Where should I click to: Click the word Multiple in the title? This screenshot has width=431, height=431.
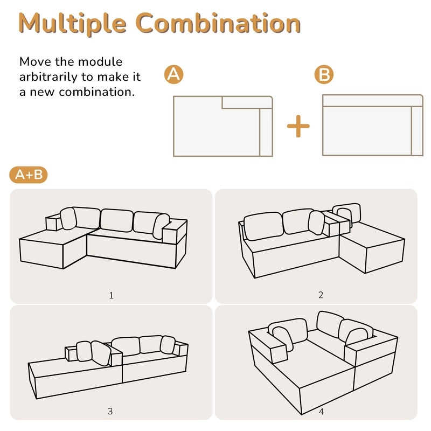click(x=73, y=24)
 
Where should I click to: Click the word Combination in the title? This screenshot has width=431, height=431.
click(x=218, y=23)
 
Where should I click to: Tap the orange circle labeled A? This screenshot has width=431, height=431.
click(x=173, y=74)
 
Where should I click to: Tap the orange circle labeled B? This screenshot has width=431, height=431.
click(x=324, y=74)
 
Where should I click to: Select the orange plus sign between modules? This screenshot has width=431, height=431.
click(x=298, y=126)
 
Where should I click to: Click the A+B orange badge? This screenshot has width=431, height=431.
click(x=29, y=175)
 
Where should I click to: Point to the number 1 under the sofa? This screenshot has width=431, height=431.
click(x=111, y=295)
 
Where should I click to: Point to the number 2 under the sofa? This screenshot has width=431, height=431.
click(x=321, y=295)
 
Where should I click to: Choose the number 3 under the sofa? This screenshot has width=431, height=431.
click(x=110, y=411)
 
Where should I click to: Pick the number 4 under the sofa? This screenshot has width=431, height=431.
click(x=321, y=412)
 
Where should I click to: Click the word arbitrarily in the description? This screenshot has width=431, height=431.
click(x=48, y=77)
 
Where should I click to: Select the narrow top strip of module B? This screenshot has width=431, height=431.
click(x=372, y=101)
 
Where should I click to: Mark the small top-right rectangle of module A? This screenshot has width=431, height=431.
click(x=247, y=102)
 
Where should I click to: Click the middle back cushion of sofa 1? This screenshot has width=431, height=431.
click(x=117, y=220)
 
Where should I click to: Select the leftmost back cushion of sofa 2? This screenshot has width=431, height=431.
click(x=263, y=226)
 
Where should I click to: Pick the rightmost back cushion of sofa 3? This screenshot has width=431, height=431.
click(x=168, y=344)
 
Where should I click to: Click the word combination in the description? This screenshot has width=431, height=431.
click(x=97, y=92)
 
